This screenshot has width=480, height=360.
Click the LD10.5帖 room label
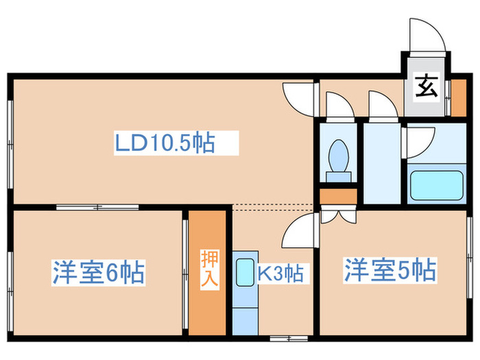pos(165,143)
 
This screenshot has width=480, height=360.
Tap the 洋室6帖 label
pos(99,272)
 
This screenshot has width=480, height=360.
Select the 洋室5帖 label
pos(390,270)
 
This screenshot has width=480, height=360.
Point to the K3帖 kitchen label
pos(280,273)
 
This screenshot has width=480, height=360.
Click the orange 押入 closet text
pos(209,268)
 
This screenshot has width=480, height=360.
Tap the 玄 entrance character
pos(426,86)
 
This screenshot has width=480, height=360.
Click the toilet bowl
pos(338,156)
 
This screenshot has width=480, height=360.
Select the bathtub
pos(437,185)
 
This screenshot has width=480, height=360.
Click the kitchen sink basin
pos(245,272)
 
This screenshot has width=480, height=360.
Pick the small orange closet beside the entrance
pos(459,97)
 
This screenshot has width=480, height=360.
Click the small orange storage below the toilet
pos(338,196)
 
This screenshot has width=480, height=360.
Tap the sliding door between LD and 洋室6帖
pos(97,207)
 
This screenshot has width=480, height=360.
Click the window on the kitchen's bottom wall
pos(289,338)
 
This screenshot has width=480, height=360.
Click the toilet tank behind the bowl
pos(338,177)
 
